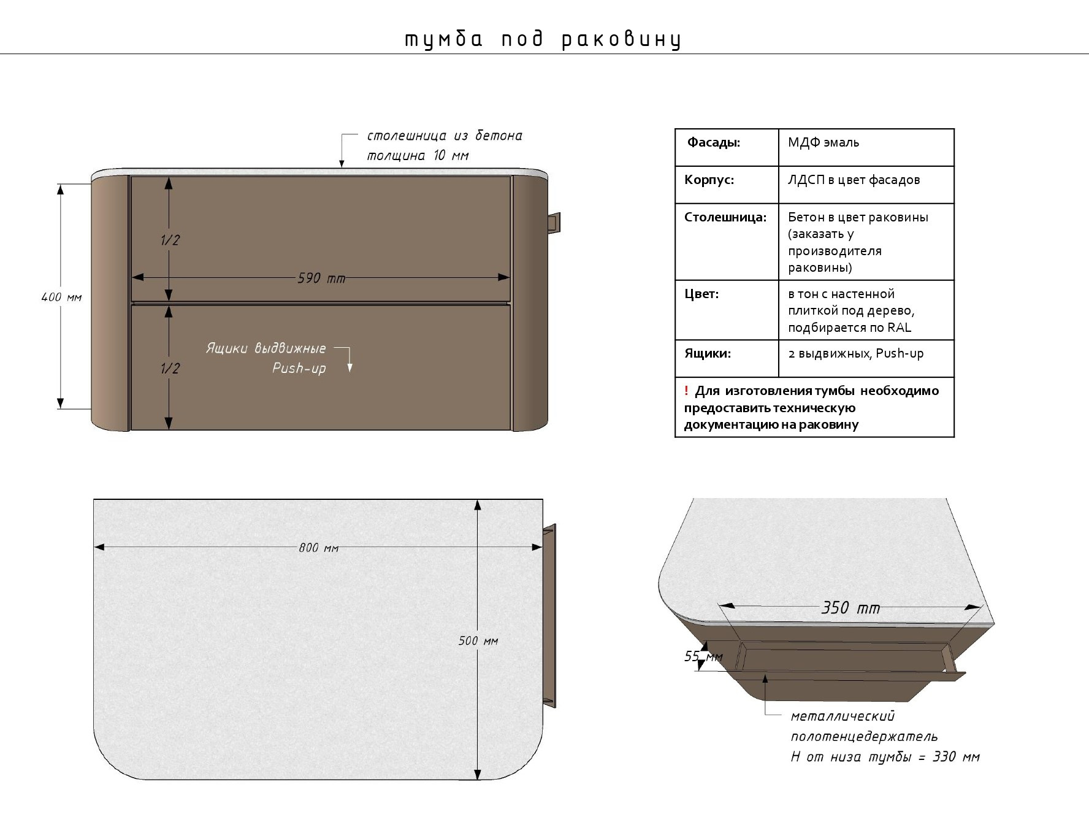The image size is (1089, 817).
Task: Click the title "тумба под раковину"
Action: click(543, 39)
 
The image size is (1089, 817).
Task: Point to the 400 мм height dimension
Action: click(61, 297)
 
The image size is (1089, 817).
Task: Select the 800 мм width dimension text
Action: click(318, 548)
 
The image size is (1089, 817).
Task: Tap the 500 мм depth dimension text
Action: click(478, 641)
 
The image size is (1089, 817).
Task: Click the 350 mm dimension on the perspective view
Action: click(850, 608)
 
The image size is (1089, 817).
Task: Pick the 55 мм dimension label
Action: click(703, 657)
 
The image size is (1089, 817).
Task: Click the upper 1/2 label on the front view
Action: click(170, 240)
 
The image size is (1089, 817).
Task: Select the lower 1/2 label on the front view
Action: click(170, 368)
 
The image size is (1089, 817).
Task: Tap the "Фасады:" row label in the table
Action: click(713, 143)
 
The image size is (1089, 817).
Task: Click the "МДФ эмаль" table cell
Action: click(823, 143)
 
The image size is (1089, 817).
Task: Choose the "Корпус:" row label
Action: click(709, 180)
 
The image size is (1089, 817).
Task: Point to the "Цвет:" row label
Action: click(701, 294)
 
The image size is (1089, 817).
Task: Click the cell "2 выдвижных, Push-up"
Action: click(855, 353)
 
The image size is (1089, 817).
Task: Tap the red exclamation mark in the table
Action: click(686, 391)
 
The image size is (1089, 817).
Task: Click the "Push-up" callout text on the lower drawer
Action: click(299, 369)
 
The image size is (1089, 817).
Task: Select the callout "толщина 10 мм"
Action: click(418, 156)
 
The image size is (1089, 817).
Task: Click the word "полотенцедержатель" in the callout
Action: click(864, 736)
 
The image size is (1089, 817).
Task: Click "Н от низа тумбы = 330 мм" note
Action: click(885, 757)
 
